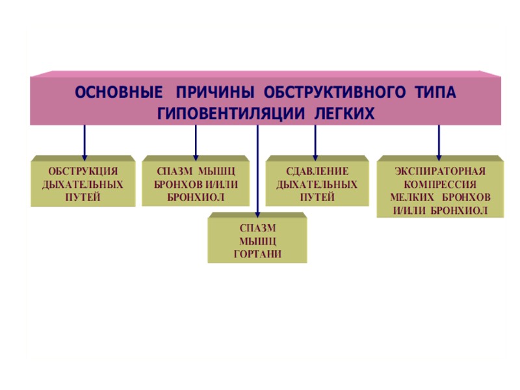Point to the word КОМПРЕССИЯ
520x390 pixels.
pos(440,184)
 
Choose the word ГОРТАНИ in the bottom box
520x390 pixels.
pos(257,254)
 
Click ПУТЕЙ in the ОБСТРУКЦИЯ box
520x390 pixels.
pos(83,197)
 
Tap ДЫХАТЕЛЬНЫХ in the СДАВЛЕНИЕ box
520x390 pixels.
pos(317,184)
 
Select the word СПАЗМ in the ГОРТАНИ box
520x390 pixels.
pos(257,228)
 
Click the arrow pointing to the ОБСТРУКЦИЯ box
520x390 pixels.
pos(84,141)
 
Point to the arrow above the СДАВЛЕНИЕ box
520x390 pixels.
pos(315,141)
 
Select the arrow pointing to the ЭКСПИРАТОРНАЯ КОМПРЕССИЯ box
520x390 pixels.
pos(439,141)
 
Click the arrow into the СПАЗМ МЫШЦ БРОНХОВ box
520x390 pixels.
pos(195,141)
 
